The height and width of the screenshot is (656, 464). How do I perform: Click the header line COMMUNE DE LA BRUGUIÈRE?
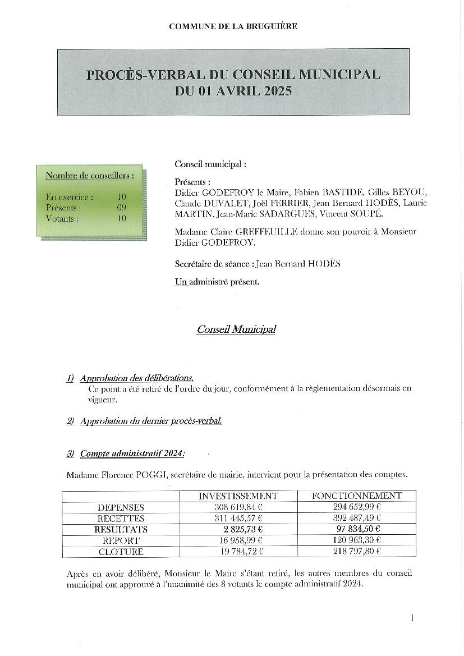(233, 26)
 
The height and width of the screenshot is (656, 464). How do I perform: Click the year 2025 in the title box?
(275, 91)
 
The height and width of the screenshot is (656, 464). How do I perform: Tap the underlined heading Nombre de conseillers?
(90, 176)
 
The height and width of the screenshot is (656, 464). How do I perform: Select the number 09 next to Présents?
(122, 208)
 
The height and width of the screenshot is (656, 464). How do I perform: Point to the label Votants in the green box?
(62, 218)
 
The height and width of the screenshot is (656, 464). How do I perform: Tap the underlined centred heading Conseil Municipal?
(236, 329)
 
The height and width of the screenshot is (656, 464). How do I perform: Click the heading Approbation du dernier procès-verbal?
(151, 421)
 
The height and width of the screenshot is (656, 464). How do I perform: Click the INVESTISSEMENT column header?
(238, 496)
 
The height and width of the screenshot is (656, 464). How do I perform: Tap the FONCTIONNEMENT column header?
(357, 496)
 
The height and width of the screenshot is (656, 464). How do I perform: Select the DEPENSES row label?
(121, 507)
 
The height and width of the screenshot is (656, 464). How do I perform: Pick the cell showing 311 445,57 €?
(238, 518)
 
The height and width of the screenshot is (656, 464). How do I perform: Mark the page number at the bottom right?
(412, 618)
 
